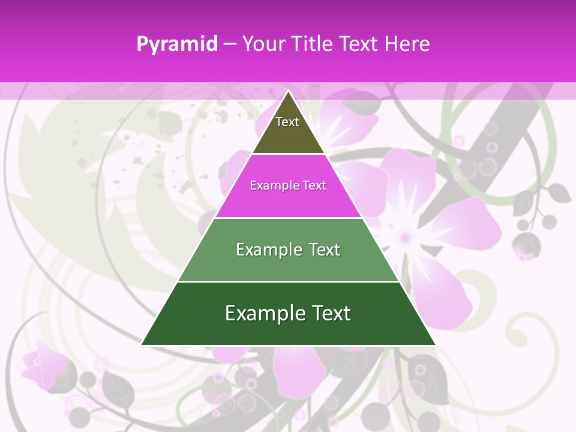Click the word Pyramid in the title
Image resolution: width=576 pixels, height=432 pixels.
(x=176, y=44)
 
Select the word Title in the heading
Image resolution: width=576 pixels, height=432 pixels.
(x=313, y=44)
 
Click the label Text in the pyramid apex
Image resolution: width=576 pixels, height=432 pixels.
(x=287, y=122)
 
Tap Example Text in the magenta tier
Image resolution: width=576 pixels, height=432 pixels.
(x=288, y=185)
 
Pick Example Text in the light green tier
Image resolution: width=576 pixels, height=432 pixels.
(x=288, y=250)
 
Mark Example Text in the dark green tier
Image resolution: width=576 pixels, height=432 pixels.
(x=288, y=313)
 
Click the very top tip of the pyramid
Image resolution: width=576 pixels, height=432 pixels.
(x=289, y=91)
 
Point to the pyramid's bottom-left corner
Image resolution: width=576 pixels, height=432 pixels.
(x=142, y=344)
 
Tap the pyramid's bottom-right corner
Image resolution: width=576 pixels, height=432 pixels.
(x=435, y=344)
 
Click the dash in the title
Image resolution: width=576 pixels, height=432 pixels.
(x=230, y=44)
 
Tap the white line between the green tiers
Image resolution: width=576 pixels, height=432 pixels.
(x=288, y=281)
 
